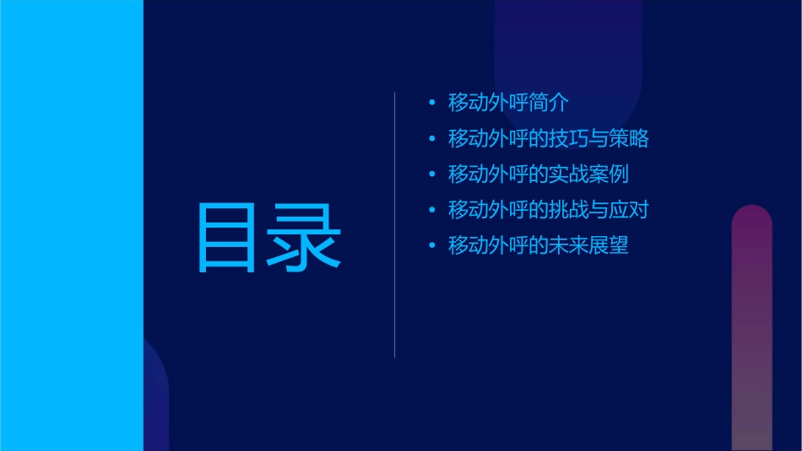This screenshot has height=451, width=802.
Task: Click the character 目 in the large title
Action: [x=227, y=238]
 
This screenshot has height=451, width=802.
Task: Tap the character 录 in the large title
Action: [x=306, y=238]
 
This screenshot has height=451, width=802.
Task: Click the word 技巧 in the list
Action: [x=568, y=138]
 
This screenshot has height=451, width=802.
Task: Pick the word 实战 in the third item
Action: [x=568, y=174]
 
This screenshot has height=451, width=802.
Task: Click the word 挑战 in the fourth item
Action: [x=568, y=210]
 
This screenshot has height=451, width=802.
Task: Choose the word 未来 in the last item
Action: [x=568, y=246]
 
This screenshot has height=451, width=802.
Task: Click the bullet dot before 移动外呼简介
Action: [x=432, y=103]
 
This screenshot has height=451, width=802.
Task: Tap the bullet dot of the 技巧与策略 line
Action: [x=432, y=138]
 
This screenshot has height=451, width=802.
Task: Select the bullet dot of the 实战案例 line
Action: [x=432, y=174]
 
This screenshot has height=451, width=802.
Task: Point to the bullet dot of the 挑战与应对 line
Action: [x=432, y=210]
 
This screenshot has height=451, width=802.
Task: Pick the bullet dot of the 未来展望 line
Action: [x=432, y=246]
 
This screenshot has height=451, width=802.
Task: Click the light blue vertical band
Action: [x=71, y=225]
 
